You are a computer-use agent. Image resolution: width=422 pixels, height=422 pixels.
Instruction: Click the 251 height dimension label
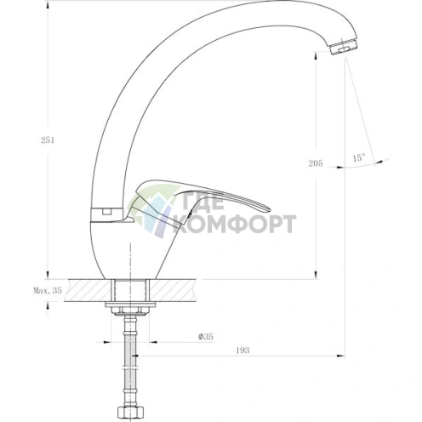click(48, 140)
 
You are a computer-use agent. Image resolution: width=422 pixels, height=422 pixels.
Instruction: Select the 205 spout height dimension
click(316, 163)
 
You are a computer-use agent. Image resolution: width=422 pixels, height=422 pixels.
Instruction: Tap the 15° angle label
click(359, 157)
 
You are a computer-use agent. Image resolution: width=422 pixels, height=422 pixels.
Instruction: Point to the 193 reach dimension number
click(242, 351)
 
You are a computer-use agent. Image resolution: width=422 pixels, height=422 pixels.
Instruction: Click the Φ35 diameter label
click(206, 337)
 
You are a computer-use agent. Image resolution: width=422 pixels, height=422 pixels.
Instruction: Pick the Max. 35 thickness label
click(48, 290)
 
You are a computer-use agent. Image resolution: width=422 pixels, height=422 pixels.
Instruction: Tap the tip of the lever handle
click(270, 209)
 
